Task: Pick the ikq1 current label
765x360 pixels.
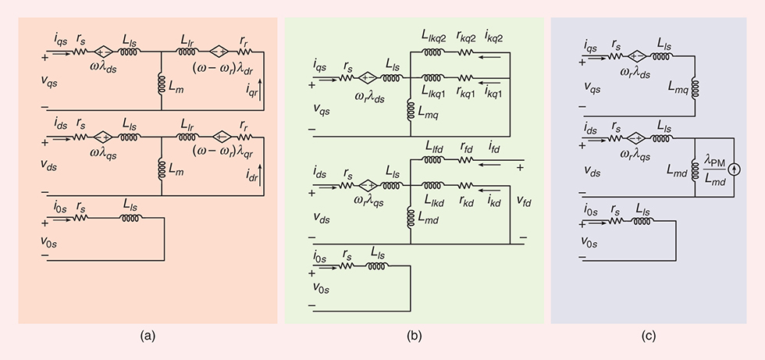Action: coord(493,91)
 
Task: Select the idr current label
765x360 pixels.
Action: coord(248,190)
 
